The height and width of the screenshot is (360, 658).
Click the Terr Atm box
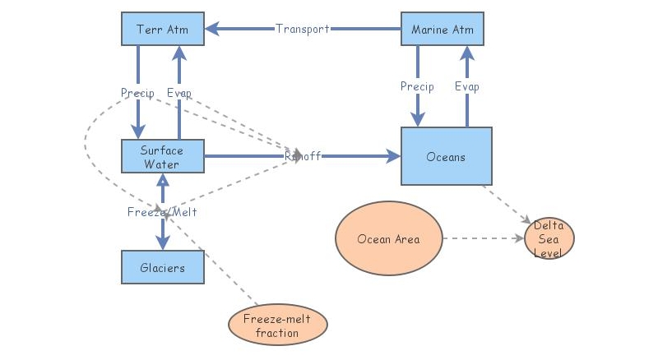(162, 29)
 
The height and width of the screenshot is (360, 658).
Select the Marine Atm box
(442, 29)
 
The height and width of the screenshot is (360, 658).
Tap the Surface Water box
(162, 156)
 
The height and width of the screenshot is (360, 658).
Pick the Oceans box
(446, 156)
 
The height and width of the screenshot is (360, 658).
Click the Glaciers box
(162, 267)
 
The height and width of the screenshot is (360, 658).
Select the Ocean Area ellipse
(388, 239)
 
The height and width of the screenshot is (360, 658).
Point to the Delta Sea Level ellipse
(549, 239)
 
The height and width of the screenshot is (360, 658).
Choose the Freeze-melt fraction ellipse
(277, 325)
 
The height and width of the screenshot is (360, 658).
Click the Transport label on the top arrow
(303, 29)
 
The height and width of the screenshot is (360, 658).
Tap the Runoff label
(303, 156)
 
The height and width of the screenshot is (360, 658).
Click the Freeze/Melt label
(162, 212)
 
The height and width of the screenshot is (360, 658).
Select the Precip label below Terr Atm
(137, 93)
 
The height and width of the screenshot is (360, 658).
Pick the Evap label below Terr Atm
(178, 93)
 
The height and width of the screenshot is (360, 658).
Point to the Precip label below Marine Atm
(417, 86)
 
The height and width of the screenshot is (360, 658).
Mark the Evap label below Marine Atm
(466, 86)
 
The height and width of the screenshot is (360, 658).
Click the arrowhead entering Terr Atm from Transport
(211, 29)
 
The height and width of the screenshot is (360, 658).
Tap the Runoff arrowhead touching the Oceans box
(392, 156)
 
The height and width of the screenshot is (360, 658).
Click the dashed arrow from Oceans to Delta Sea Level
(506, 204)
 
